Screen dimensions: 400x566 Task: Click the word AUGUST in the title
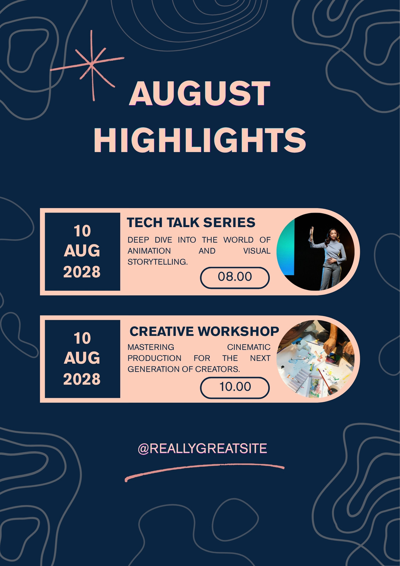tap(199, 93)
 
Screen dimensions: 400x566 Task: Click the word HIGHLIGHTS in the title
tap(200, 140)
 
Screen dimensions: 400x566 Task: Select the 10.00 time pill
tap(235, 388)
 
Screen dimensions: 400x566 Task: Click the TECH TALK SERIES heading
tap(191, 223)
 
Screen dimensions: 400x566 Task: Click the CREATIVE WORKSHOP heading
tap(204, 331)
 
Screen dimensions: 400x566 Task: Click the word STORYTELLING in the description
tap(158, 262)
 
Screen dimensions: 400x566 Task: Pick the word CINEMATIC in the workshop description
tap(249, 347)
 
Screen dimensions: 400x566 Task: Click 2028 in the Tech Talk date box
tap(82, 272)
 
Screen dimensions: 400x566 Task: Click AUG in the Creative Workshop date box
tap(82, 358)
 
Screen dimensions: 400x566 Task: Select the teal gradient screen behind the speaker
tap(286, 247)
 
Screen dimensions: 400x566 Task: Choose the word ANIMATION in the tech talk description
tap(149, 251)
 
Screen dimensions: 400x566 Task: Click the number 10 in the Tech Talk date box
tap(82, 231)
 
